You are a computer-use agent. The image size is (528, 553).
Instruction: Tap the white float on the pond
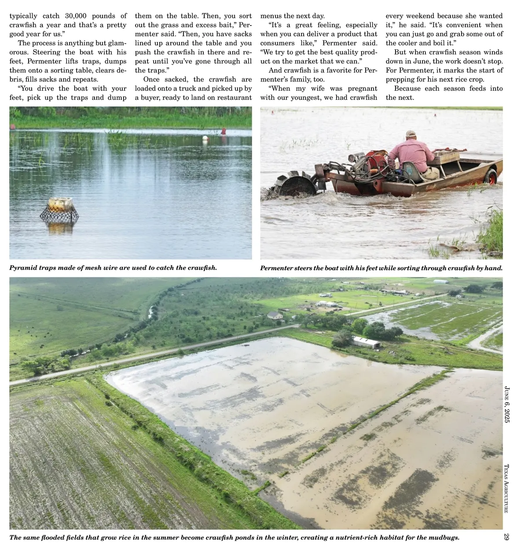pos(205,139)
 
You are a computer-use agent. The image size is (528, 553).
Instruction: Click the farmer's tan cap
pos(411,133)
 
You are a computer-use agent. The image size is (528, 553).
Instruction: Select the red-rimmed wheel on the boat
pos(491,176)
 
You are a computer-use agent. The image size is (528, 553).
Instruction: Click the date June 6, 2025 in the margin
pos(507,404)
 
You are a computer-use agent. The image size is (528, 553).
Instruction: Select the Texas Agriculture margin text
pos(506,488)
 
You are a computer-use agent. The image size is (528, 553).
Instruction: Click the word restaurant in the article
pos(233,98)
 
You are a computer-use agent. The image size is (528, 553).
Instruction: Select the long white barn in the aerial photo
pos(366,342)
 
